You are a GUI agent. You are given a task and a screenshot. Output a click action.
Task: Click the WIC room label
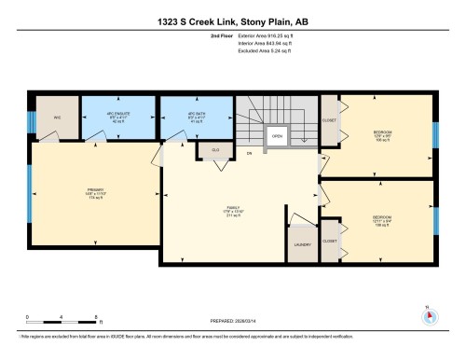coord(56,118)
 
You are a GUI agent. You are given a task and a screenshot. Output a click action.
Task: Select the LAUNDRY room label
coord(302,244)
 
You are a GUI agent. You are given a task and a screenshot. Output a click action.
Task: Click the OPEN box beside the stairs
coord(277,135)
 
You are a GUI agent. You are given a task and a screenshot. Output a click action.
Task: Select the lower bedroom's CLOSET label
coord(329,241)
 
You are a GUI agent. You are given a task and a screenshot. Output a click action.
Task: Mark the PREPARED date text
coord(232,323)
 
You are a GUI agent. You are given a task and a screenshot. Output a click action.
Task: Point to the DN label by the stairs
coord(249,153)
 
